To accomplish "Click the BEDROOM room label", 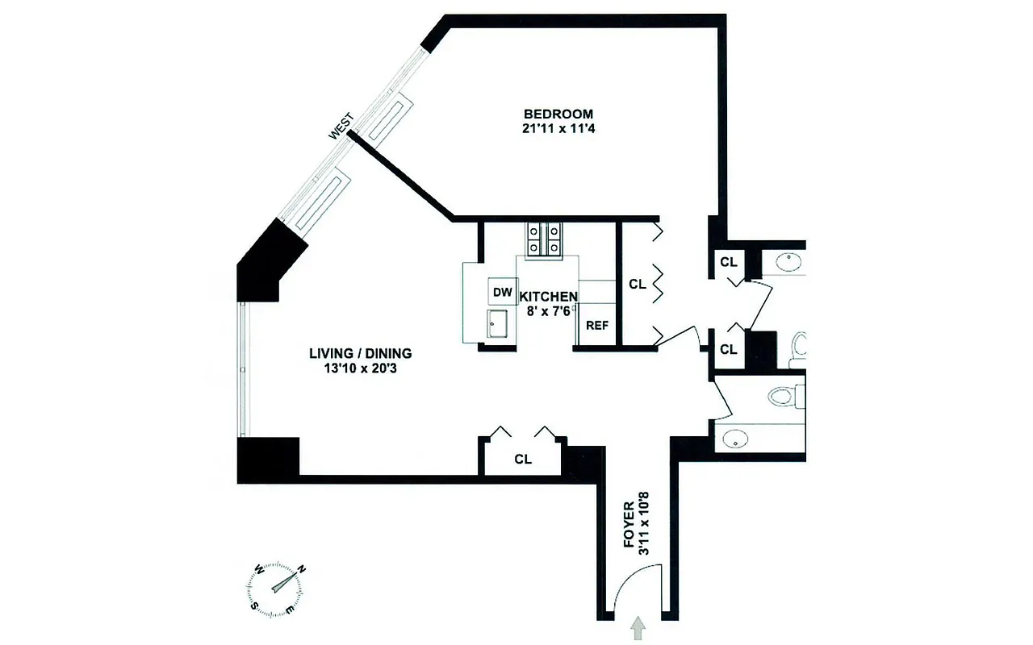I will [558, 114].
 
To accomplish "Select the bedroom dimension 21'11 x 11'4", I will [558, 128].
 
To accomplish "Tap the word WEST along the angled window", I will [341, 127].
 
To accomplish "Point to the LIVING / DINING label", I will [361, 353].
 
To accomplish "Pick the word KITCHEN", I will [548, 297].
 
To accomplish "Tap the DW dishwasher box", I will [502, 291].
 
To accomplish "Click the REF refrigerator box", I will [596, 326].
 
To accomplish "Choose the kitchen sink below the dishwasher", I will [498, 326].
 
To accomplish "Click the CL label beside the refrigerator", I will [637, 284].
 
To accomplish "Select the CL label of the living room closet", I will [523, 460].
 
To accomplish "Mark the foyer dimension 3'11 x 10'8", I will [644, 527].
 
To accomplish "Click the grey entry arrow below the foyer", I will [639, 628].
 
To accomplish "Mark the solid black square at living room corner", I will [268, 456].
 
